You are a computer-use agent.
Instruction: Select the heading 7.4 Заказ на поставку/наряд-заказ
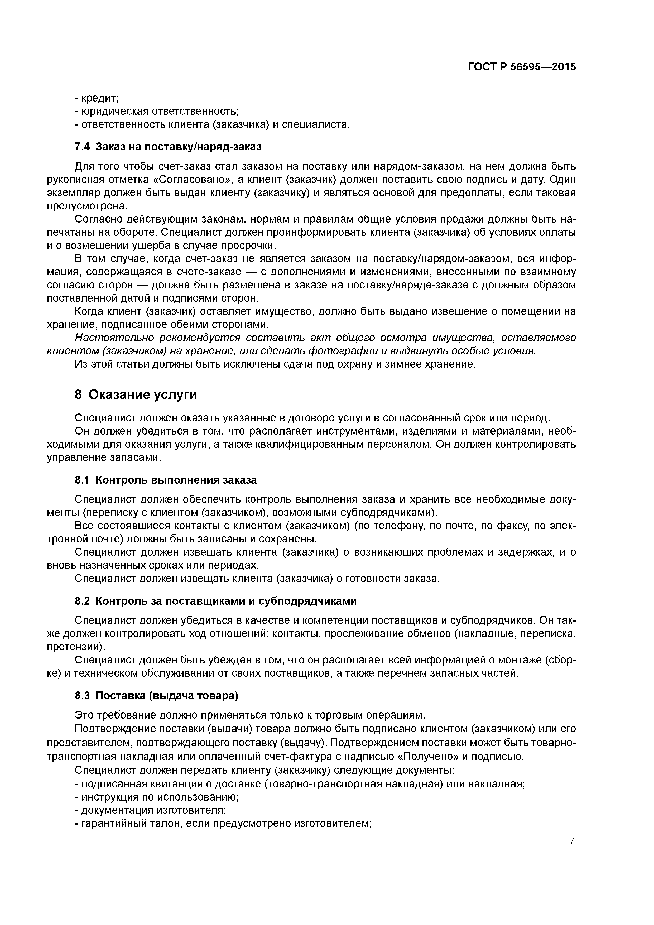168,147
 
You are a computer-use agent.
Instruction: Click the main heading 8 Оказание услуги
136,395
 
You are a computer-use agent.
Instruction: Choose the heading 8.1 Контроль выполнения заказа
166,480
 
